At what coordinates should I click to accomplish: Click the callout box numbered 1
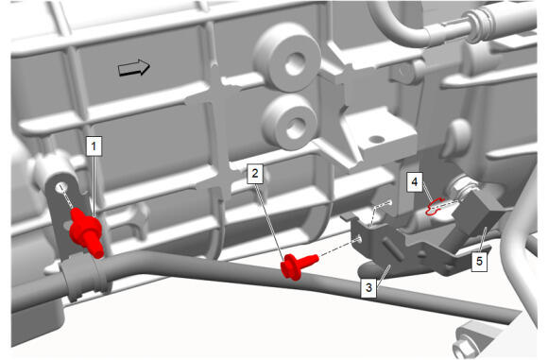94,146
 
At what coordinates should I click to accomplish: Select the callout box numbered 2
255,173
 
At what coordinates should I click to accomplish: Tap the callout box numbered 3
369,287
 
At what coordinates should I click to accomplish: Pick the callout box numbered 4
415,181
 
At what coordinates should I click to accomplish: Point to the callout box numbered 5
479,261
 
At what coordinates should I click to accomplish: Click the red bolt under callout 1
87,231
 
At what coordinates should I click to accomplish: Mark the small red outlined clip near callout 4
434,207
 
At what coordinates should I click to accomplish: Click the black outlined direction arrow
134,67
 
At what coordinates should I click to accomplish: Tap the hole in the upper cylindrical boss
296,64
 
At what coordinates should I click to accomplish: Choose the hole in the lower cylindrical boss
296,129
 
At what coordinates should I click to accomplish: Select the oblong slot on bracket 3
392,249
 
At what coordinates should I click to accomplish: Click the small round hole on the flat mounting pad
377,140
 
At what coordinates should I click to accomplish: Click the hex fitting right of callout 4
461,188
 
